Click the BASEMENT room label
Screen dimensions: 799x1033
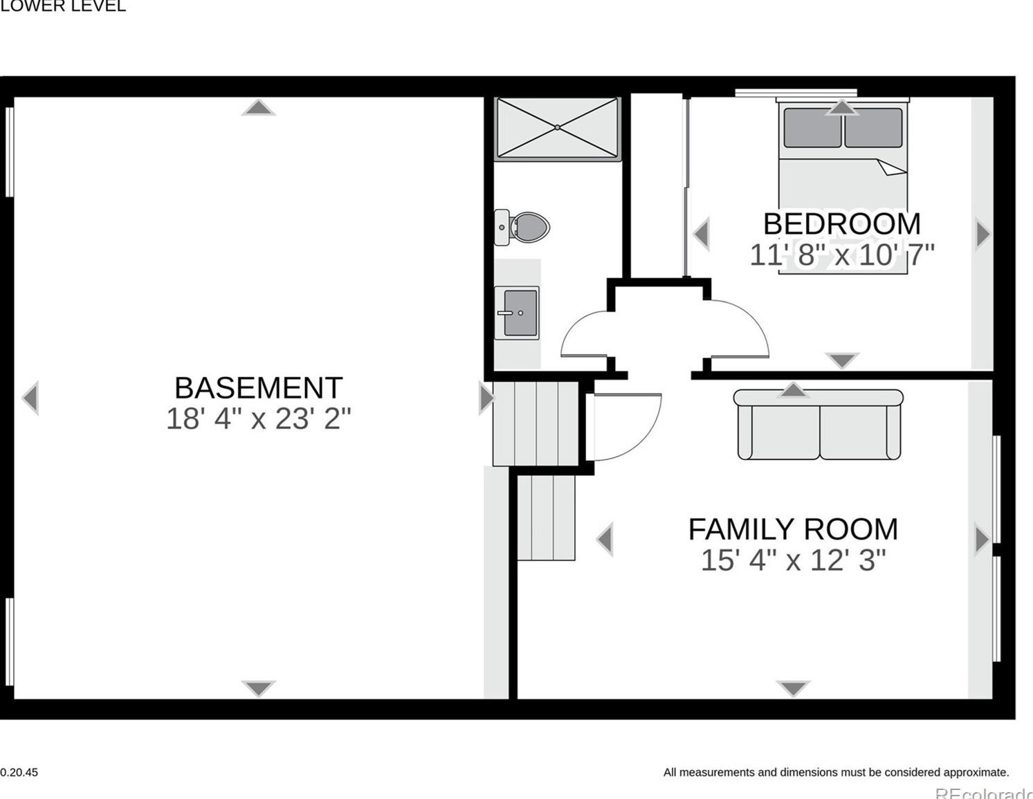(258, 387)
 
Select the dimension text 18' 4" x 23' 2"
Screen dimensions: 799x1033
(258, 419)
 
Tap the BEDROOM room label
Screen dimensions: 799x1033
(841, 224)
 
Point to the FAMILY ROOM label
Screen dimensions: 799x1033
(793, 529)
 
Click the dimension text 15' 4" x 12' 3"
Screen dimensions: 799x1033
(793, 560)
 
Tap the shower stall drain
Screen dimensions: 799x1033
(558, 127)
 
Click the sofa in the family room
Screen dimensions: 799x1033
(819, 425)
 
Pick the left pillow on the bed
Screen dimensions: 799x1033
(812, 128)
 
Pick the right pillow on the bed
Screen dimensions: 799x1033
(873, 128)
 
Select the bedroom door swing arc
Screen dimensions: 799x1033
(744, 329)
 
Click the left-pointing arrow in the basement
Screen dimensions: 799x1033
(30, 398)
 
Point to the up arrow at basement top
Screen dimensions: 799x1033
(258, 107)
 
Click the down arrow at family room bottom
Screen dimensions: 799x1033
(793, 688)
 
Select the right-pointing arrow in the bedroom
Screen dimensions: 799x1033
(982, 235)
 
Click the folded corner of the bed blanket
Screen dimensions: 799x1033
(891, 167)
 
